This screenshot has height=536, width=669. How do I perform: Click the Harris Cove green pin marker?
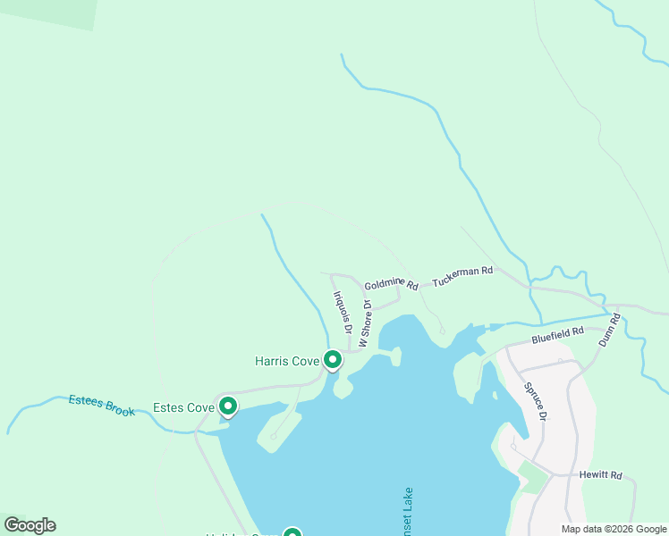coord(333,360)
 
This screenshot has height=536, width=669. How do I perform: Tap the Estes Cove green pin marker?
coord(228,406)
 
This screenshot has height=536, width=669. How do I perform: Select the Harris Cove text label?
coord(287,362)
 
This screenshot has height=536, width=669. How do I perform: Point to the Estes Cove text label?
coord(184,408)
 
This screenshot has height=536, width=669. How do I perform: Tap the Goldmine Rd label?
coord(392,283)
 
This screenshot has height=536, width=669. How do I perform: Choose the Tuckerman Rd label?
coord(462,276)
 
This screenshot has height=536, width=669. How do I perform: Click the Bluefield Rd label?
coord(557,334)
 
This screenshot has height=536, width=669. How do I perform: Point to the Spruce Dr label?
coord(537,401)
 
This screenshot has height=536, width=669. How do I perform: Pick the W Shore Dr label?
coord(365,323)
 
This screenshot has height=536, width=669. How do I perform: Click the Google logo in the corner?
coord(30,525)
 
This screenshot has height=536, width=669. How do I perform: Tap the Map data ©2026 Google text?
coord(614,529)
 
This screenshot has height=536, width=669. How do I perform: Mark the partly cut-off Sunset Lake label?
coord(408,514)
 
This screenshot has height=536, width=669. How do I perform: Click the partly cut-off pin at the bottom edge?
coord(292,532)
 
